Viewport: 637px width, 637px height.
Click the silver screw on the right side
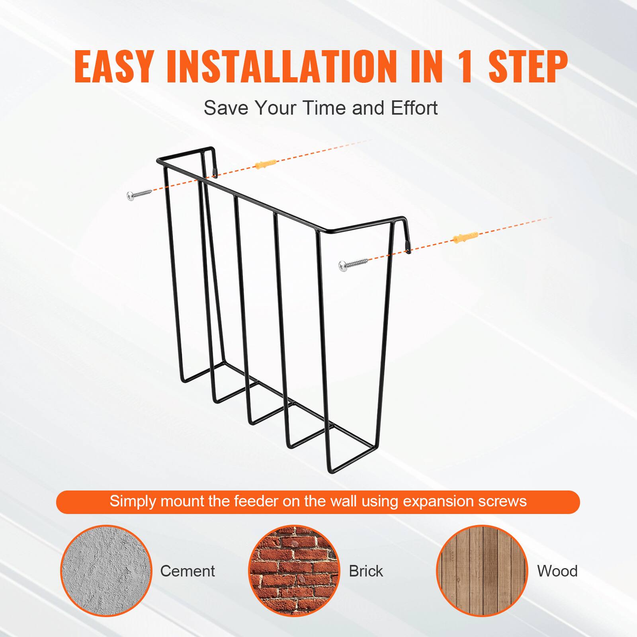[353, 264]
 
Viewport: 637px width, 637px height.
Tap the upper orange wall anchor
[265, 164]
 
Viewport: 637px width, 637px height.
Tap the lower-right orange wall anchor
[465, 237]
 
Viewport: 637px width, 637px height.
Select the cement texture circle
[106, 571]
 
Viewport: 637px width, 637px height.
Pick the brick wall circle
[294, 571]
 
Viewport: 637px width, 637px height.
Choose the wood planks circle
[482, 571]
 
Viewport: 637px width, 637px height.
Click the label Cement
[187, 571]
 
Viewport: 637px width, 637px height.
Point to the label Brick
[366, 571]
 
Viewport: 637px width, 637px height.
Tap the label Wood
[557, 571]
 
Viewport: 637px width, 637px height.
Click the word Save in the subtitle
[226, 108]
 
